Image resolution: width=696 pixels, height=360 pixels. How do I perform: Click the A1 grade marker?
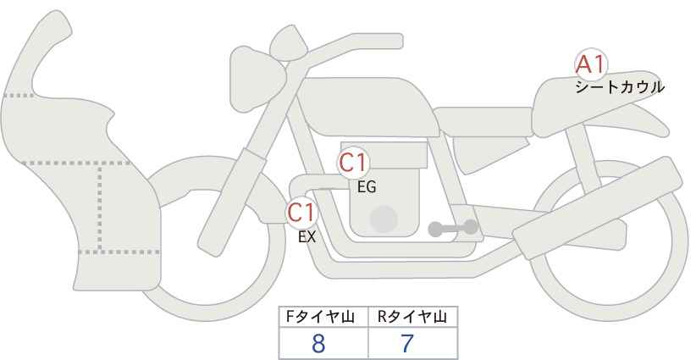590,65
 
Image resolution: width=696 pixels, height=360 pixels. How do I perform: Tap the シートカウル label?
620,87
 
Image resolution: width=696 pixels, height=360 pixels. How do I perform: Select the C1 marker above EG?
353,163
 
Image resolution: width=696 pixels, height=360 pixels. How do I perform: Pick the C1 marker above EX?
301,213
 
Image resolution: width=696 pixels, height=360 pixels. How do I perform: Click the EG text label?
367,187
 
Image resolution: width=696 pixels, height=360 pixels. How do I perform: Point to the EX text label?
307,237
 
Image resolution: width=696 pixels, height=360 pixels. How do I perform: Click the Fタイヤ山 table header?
320,317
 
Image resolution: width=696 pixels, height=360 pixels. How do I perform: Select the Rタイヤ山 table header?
412,317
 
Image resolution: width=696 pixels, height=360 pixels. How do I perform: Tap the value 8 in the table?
318,344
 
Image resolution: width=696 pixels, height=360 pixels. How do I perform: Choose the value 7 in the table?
407,344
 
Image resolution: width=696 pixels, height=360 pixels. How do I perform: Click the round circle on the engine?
384,219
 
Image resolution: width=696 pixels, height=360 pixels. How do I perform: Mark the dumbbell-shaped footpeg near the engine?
453,228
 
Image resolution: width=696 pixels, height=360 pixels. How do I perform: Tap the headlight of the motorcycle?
257,80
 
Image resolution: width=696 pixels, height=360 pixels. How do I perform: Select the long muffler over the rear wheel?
597,208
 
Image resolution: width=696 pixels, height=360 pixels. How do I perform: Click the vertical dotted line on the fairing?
100,208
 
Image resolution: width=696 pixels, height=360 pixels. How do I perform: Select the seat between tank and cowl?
483,121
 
